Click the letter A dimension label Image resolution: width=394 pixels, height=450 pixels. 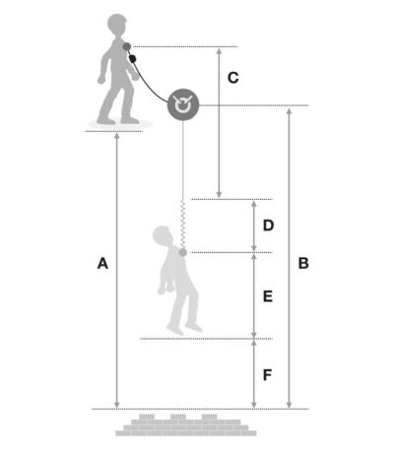(x=102, y=263)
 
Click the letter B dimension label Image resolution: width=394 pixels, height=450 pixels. (x=303, y=263)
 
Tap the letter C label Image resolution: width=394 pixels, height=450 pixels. (x=232, y=78)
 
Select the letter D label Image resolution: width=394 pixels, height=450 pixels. (x=268, y=225)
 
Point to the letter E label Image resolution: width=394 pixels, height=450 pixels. (x=268, y=296)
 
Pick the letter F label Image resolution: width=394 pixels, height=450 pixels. (x=267, y=375)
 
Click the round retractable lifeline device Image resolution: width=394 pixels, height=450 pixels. (x=183, y=104)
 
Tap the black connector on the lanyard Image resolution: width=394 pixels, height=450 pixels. (x=133, y=59)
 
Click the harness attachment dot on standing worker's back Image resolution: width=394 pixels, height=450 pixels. (x=127, y=47)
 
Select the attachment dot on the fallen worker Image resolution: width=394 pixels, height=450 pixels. (x=182, y=252)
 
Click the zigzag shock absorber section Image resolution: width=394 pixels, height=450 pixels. (x=183, y=225)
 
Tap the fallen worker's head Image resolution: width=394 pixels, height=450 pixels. (x=163, y=235)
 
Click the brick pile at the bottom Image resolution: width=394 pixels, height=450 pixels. (x=186, y=424)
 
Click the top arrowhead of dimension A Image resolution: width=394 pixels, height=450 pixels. (x=116, y=136)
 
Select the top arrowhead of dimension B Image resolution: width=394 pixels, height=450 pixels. (x=289, y=111)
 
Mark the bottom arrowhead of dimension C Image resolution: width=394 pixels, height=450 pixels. (x=219, y=194)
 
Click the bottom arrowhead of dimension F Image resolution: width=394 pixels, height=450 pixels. (x=254, y=405)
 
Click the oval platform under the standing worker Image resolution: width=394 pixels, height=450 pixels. (x=120, y=124)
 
